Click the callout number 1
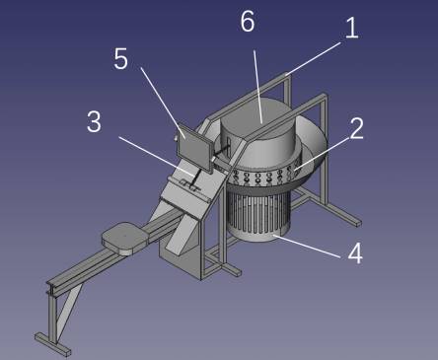tap(351, 28)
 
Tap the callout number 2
tap(356, 128)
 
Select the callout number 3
tap(94, 121)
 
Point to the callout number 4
tap(355, 253)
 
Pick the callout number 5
tap(120, 59)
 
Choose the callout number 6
tap(248, 21)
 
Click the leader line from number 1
tap(314, 59)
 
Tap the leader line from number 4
tap(307, 246)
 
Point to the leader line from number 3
tap(156, 156)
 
